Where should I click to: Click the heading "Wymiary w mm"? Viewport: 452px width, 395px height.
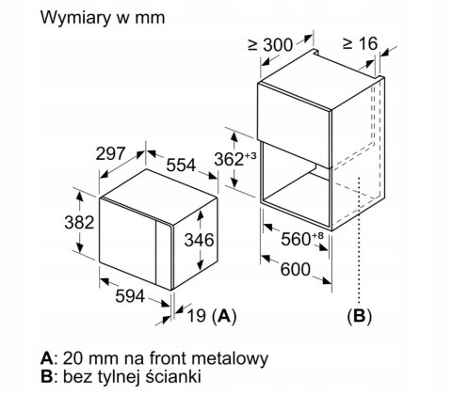[103, 18]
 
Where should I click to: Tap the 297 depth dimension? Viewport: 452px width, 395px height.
[110, 154]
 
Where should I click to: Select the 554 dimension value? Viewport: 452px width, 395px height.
[181, 166]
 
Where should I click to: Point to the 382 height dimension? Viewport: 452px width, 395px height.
[79, 222]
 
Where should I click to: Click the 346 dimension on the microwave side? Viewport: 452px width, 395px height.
[199, 240]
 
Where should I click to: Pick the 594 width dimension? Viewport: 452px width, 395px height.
[130, 296]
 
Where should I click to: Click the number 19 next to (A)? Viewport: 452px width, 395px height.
[197, 315]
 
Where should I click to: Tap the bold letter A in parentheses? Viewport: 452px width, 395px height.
[223, 315]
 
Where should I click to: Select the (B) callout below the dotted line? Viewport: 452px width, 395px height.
[360, 316]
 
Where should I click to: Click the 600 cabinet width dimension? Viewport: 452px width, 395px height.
[295, 269]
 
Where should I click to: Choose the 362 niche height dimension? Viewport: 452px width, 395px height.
[229, 159]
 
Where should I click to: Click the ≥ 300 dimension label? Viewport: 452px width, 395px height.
[270, 45]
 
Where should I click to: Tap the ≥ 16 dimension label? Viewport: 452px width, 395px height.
[360, 43]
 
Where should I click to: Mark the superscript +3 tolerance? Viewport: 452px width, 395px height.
[250, 155]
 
